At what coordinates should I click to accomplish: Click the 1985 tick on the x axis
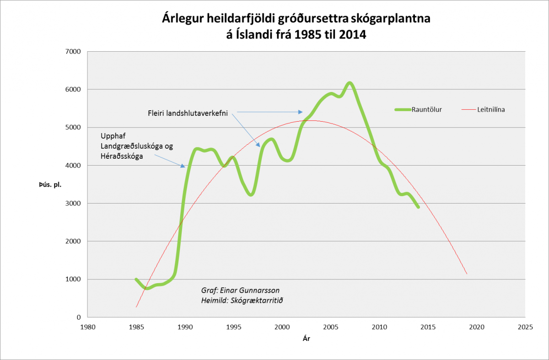coord(136,327)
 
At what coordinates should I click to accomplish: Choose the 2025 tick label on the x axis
coord(525,327)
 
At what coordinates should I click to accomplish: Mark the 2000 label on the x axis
coord(282,327)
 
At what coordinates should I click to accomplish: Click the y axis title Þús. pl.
coord(50,184)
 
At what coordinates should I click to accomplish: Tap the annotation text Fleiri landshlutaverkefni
coord(188,112)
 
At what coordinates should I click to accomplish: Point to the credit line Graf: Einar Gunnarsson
coord(240,290)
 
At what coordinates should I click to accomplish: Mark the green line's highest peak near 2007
coord(350,83)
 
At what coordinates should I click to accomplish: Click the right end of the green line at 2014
coord(418,207)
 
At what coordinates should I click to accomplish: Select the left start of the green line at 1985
coord(136,279)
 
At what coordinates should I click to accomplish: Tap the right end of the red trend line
coord(467,274)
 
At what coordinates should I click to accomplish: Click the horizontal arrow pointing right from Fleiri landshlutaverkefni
coord(270,112)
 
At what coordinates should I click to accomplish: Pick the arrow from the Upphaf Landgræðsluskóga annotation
coord(169,161)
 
